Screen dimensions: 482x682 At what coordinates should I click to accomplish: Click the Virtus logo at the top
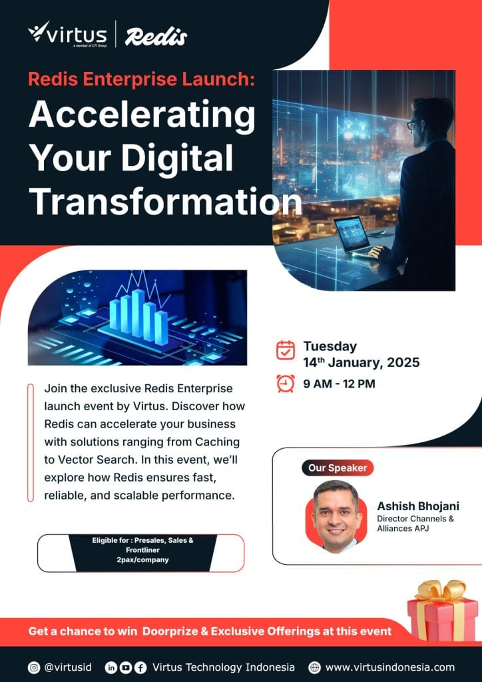(67, 33)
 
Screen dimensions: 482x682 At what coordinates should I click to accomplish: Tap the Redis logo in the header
(156, 36)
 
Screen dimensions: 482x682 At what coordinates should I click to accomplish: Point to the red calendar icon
(286, 350)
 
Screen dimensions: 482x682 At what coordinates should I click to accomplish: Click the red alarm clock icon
(286, 383)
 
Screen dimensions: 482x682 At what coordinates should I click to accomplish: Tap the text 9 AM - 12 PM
(339, 384)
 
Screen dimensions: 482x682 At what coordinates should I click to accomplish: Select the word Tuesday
(330, 346)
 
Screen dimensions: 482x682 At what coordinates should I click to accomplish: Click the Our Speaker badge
(338, 468)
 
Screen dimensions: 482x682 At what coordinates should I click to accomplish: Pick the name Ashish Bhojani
(417, 506)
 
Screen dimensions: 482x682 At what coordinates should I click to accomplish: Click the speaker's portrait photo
(336, 516)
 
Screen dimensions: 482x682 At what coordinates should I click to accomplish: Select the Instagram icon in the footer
(34, 667)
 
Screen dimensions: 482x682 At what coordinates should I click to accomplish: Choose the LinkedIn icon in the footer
(111, 667)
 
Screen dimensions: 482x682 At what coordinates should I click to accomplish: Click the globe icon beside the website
(314, 667)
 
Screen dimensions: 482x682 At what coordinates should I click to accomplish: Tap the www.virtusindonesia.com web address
(390, 667)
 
